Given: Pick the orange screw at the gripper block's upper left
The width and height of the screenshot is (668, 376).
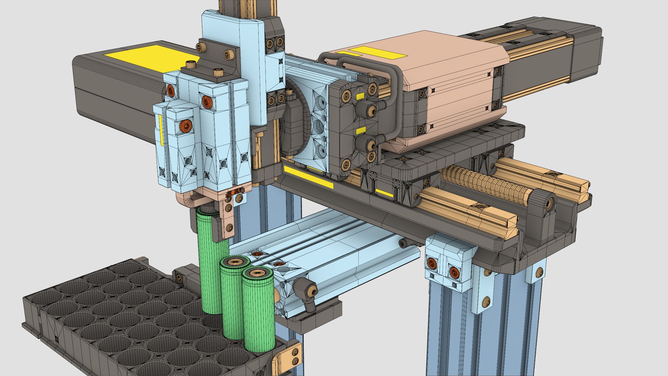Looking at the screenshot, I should point(170,90).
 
